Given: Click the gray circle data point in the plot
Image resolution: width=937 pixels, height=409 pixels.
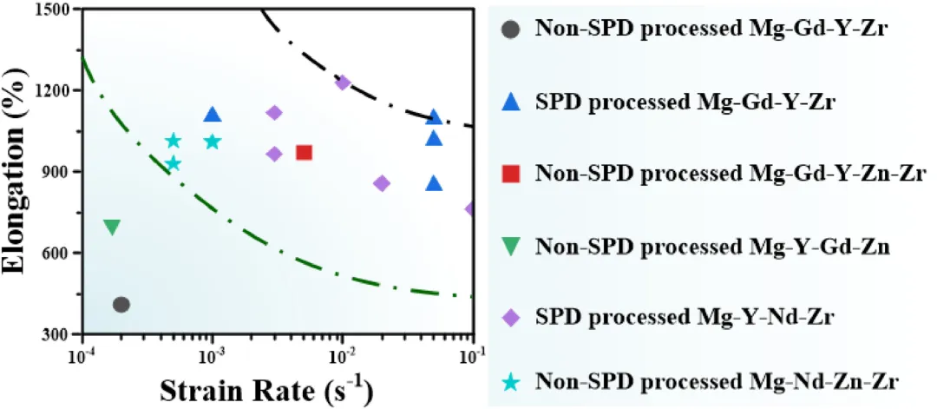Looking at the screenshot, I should [x=121, y=305].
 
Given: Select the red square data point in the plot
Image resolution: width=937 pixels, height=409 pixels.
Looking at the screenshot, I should [x=304, y=153].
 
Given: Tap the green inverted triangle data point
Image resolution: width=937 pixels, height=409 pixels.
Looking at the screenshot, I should [x=112, y=228].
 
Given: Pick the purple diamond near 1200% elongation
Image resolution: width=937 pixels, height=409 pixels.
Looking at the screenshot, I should [x=343, y=82].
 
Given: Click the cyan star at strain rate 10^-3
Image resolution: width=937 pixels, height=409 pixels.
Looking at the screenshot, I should [x=213, y=142].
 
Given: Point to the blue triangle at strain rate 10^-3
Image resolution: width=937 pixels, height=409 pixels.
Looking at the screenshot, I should [x=213, y=115].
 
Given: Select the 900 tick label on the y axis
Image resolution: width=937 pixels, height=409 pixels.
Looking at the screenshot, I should [x=59, y=172].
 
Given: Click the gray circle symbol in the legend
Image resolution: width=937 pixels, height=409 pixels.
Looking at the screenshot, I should [x=512, y=29].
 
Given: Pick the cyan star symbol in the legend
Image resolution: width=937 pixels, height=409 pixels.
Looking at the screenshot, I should [x=512, y=380].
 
